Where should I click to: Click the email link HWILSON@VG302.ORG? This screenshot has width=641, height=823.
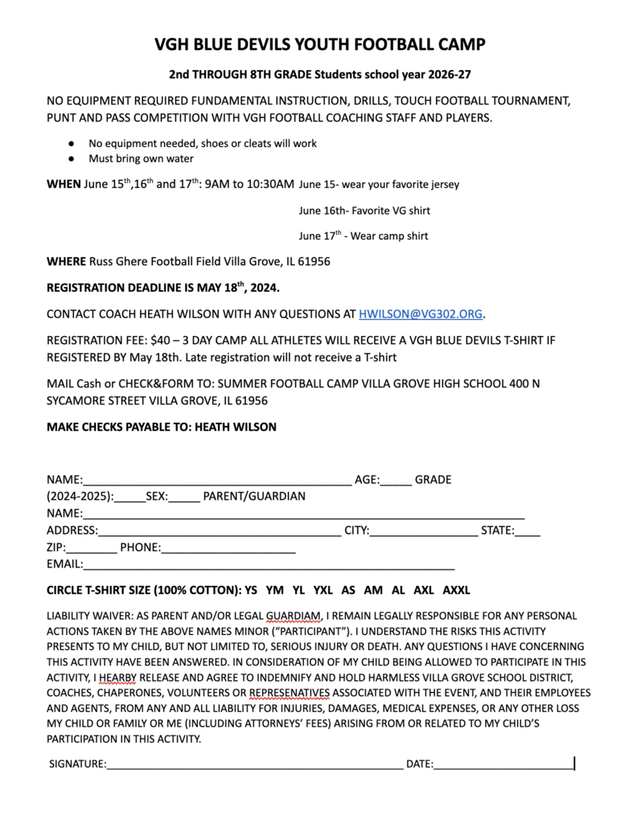[421, 313]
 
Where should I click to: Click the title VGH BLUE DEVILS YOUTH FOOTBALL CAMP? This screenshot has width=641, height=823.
[320, 44]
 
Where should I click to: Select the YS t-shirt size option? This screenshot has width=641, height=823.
[251, 590]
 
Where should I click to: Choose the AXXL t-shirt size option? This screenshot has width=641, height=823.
[456, 590]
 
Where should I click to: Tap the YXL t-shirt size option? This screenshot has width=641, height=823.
[323, 590]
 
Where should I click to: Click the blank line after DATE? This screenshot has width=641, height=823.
[503, 764]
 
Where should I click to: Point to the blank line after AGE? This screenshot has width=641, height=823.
[397, 481]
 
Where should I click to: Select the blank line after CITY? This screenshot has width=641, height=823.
[424, 530]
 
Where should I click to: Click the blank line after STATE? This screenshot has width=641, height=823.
[528, 530]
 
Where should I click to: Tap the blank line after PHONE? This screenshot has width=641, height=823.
[228, 548]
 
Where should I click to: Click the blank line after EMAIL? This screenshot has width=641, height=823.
[268, 564]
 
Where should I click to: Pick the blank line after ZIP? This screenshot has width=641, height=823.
[95, 548]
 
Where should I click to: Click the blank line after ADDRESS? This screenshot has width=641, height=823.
[219, 530]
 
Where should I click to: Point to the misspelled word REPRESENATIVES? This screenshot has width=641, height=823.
[289, 692]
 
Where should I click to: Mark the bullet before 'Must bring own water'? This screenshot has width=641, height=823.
[72, 159]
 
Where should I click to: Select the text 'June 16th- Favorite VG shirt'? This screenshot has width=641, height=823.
[364, 211]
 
